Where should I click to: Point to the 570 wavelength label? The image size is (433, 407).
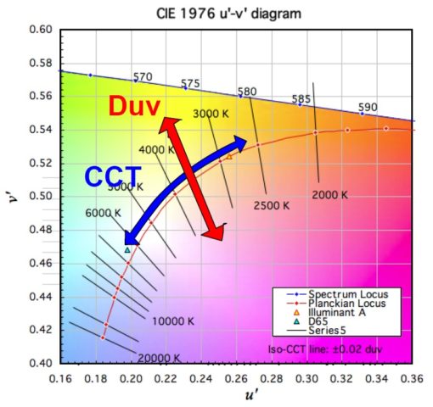coord(143,77)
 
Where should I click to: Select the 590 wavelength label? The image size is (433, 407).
coord(367,108)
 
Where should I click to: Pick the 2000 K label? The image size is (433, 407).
coord(329,194)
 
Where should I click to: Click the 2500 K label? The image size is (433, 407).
coord(272,204)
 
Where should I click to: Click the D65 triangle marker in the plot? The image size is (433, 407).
coord(127,249)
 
